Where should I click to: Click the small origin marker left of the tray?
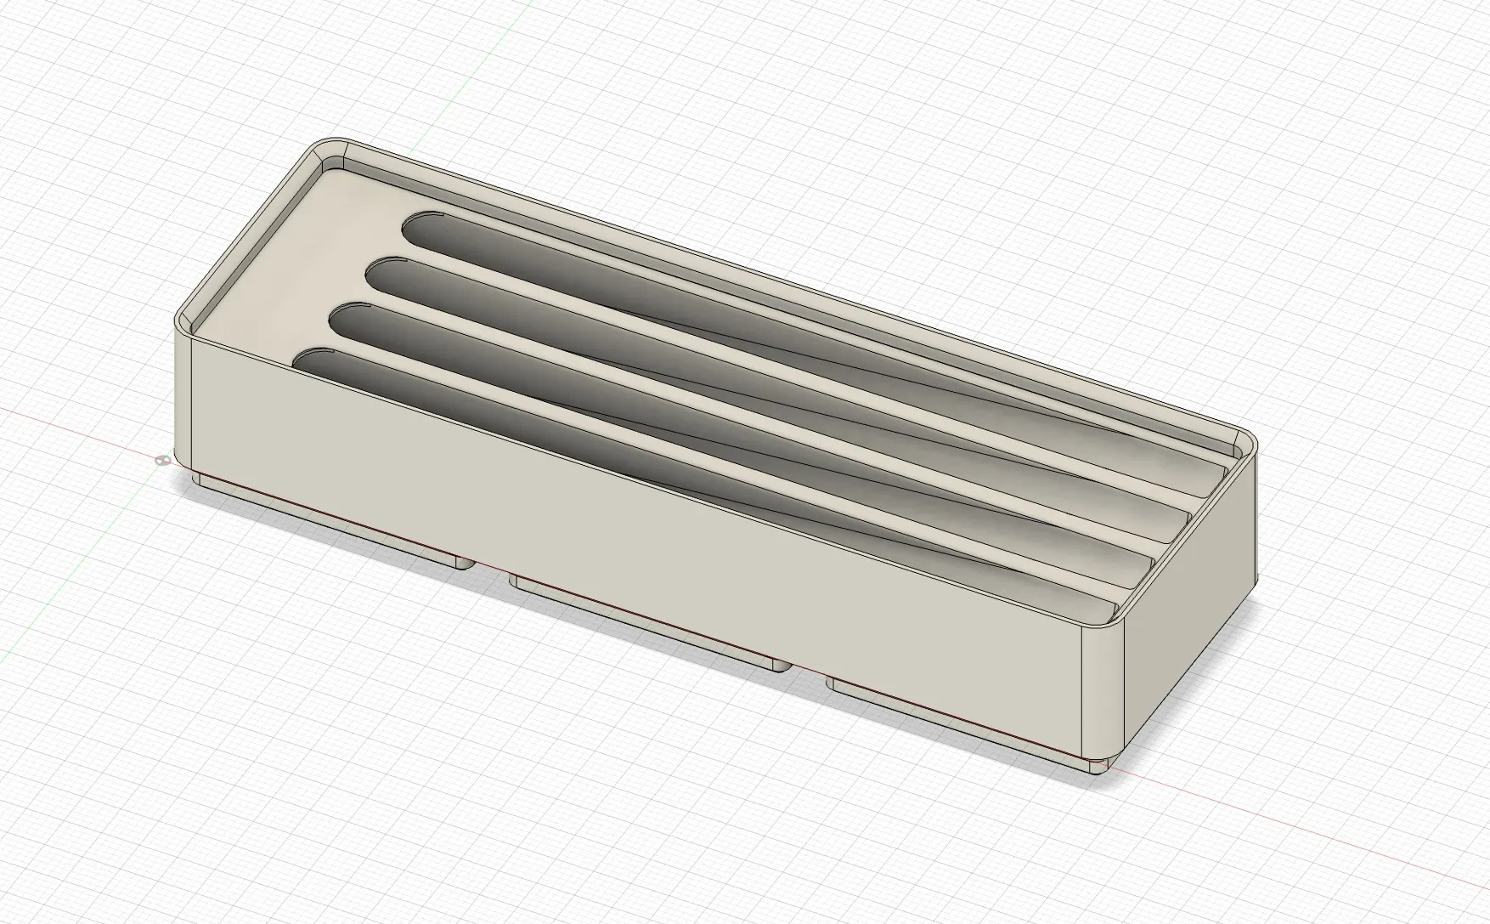(161, 461)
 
